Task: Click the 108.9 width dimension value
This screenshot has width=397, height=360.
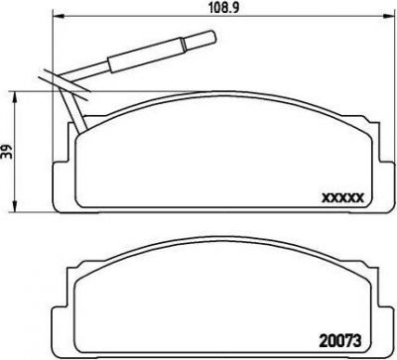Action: tap(223, 8)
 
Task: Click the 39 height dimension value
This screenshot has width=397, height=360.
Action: tap(7, 151)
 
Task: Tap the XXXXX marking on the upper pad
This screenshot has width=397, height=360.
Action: tap(343, 198)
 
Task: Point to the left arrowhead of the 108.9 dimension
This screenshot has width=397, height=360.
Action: tap(59, 16)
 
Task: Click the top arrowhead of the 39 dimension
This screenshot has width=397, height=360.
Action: tap(15, 96)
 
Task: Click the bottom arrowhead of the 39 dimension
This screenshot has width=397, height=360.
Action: tap(15, 206)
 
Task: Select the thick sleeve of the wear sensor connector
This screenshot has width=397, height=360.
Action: tap(146, 56)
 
